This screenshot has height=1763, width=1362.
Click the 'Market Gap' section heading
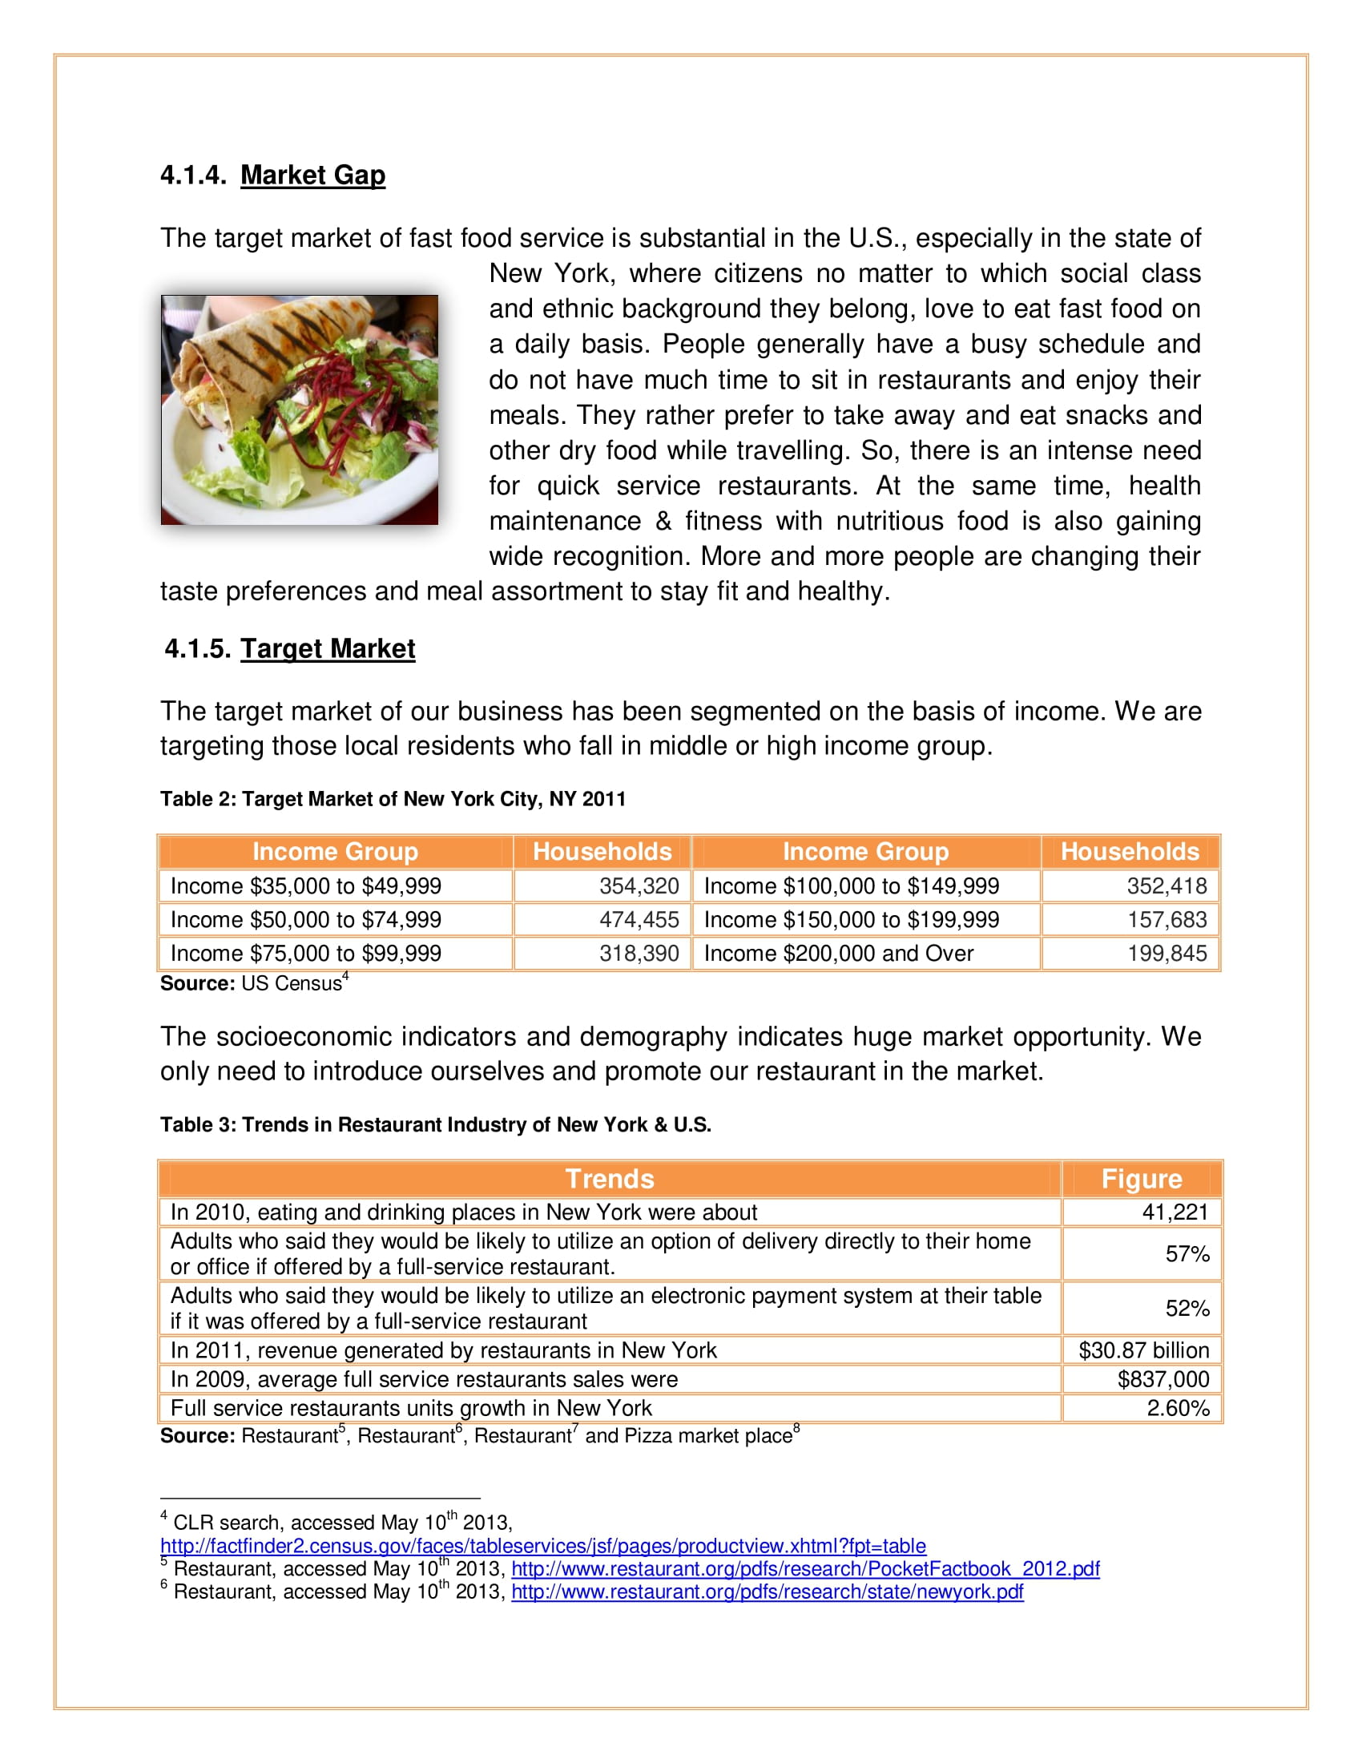click(312, 175)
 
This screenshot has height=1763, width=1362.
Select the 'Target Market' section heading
click(328, 648)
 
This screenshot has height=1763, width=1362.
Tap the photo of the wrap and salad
click(300, 410)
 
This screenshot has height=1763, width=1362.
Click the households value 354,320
click(639, 886)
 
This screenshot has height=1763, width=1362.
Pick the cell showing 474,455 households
click(639, 919)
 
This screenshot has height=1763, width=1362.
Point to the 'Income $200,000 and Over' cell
click(838, 954)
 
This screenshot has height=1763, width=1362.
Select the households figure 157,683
click(1166, 919)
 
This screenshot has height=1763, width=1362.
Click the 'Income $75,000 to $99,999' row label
click(306, 954)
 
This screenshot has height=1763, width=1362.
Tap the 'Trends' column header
click(609, 1179)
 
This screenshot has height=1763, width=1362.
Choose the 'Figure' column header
click(1141, 1179)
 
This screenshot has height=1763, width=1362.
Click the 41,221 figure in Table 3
click(1174, 1212)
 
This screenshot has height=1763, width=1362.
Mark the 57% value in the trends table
click(1187, 1253)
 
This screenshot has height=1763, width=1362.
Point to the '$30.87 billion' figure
click(1143, 1350)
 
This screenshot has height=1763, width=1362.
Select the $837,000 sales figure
click(1163, 1379)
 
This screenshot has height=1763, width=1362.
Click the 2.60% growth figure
click(1177, 1408)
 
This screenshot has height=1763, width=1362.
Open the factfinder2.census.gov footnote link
click(543, 1546)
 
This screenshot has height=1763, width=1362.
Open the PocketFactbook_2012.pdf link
click(804, 1568)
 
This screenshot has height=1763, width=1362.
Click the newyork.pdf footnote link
click(767, 1591)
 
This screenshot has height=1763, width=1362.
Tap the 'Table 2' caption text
click(393, 799)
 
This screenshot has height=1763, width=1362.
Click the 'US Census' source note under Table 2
click(253, 983)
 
